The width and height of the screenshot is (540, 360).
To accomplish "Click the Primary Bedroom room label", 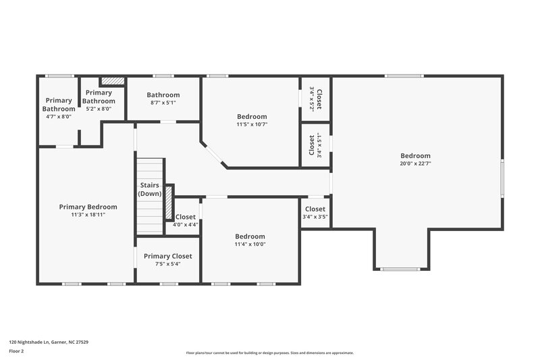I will coord(88,207).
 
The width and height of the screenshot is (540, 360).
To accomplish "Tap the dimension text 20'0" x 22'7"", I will coord(415,163).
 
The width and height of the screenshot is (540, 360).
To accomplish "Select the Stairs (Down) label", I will coord(149,189).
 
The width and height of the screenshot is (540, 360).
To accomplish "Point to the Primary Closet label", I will coord(167,256).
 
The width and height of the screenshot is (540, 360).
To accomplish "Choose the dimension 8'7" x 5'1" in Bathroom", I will coord(163,103).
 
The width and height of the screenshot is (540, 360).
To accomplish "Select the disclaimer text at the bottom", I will coord(269,353).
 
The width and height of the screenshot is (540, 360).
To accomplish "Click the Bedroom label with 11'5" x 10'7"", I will coord(252,116).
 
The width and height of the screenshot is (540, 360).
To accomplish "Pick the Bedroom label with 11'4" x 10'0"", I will coord(250,236).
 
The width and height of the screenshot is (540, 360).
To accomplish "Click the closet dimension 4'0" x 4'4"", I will coord(185,224).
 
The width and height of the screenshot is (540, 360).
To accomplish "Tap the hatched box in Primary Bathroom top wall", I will coord(113,81).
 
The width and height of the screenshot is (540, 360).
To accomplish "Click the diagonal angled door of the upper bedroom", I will coord(215,155).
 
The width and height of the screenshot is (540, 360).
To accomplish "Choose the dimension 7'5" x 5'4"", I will coord(167,264).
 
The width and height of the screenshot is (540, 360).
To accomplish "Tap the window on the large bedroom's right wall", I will coord(502,179).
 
